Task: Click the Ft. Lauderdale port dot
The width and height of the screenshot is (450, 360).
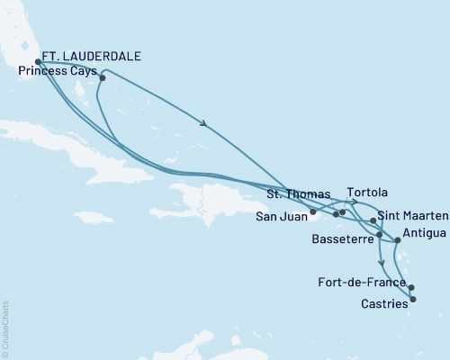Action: (37, 62)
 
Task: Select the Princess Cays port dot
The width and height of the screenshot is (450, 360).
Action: (103, 77)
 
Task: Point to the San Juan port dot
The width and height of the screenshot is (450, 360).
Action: (312, 212)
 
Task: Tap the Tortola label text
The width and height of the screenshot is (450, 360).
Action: (366, 193)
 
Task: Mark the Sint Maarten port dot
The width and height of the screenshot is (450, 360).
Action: (373, 220)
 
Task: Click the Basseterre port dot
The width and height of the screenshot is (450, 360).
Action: (380, 235)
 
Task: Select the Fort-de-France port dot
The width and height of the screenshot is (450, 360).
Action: (411, 288)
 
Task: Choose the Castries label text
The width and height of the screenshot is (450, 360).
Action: (382, 304)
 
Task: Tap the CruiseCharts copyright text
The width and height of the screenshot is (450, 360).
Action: (5, 324)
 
